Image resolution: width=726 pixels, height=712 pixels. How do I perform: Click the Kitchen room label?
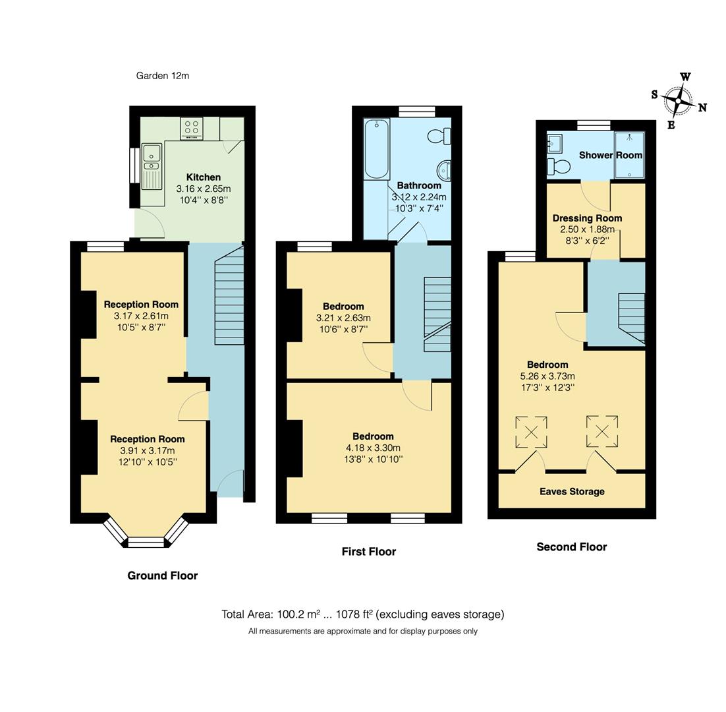point(204,177)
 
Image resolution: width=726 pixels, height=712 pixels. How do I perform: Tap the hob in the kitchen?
point(192,128)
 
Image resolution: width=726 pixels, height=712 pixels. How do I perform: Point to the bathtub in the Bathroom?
point(377,148)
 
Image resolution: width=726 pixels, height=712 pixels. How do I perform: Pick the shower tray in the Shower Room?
point(630,155)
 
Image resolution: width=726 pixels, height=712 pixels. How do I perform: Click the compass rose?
point(679,102)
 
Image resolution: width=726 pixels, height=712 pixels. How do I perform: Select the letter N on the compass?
point(702,107)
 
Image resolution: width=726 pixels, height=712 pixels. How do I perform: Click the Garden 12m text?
point(163,76)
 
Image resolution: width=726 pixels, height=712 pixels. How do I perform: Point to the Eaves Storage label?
point(572,492)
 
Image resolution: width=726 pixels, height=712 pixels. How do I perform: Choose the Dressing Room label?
point(587,218)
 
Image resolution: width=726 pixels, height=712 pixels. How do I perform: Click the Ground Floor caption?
point(163,576)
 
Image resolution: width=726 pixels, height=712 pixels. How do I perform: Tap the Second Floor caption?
point(572,547)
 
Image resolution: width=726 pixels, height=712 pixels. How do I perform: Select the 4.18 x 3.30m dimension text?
point(373,448)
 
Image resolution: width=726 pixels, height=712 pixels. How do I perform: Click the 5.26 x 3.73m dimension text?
point(547,376)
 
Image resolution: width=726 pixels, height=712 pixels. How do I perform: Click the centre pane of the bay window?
point(146,542)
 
